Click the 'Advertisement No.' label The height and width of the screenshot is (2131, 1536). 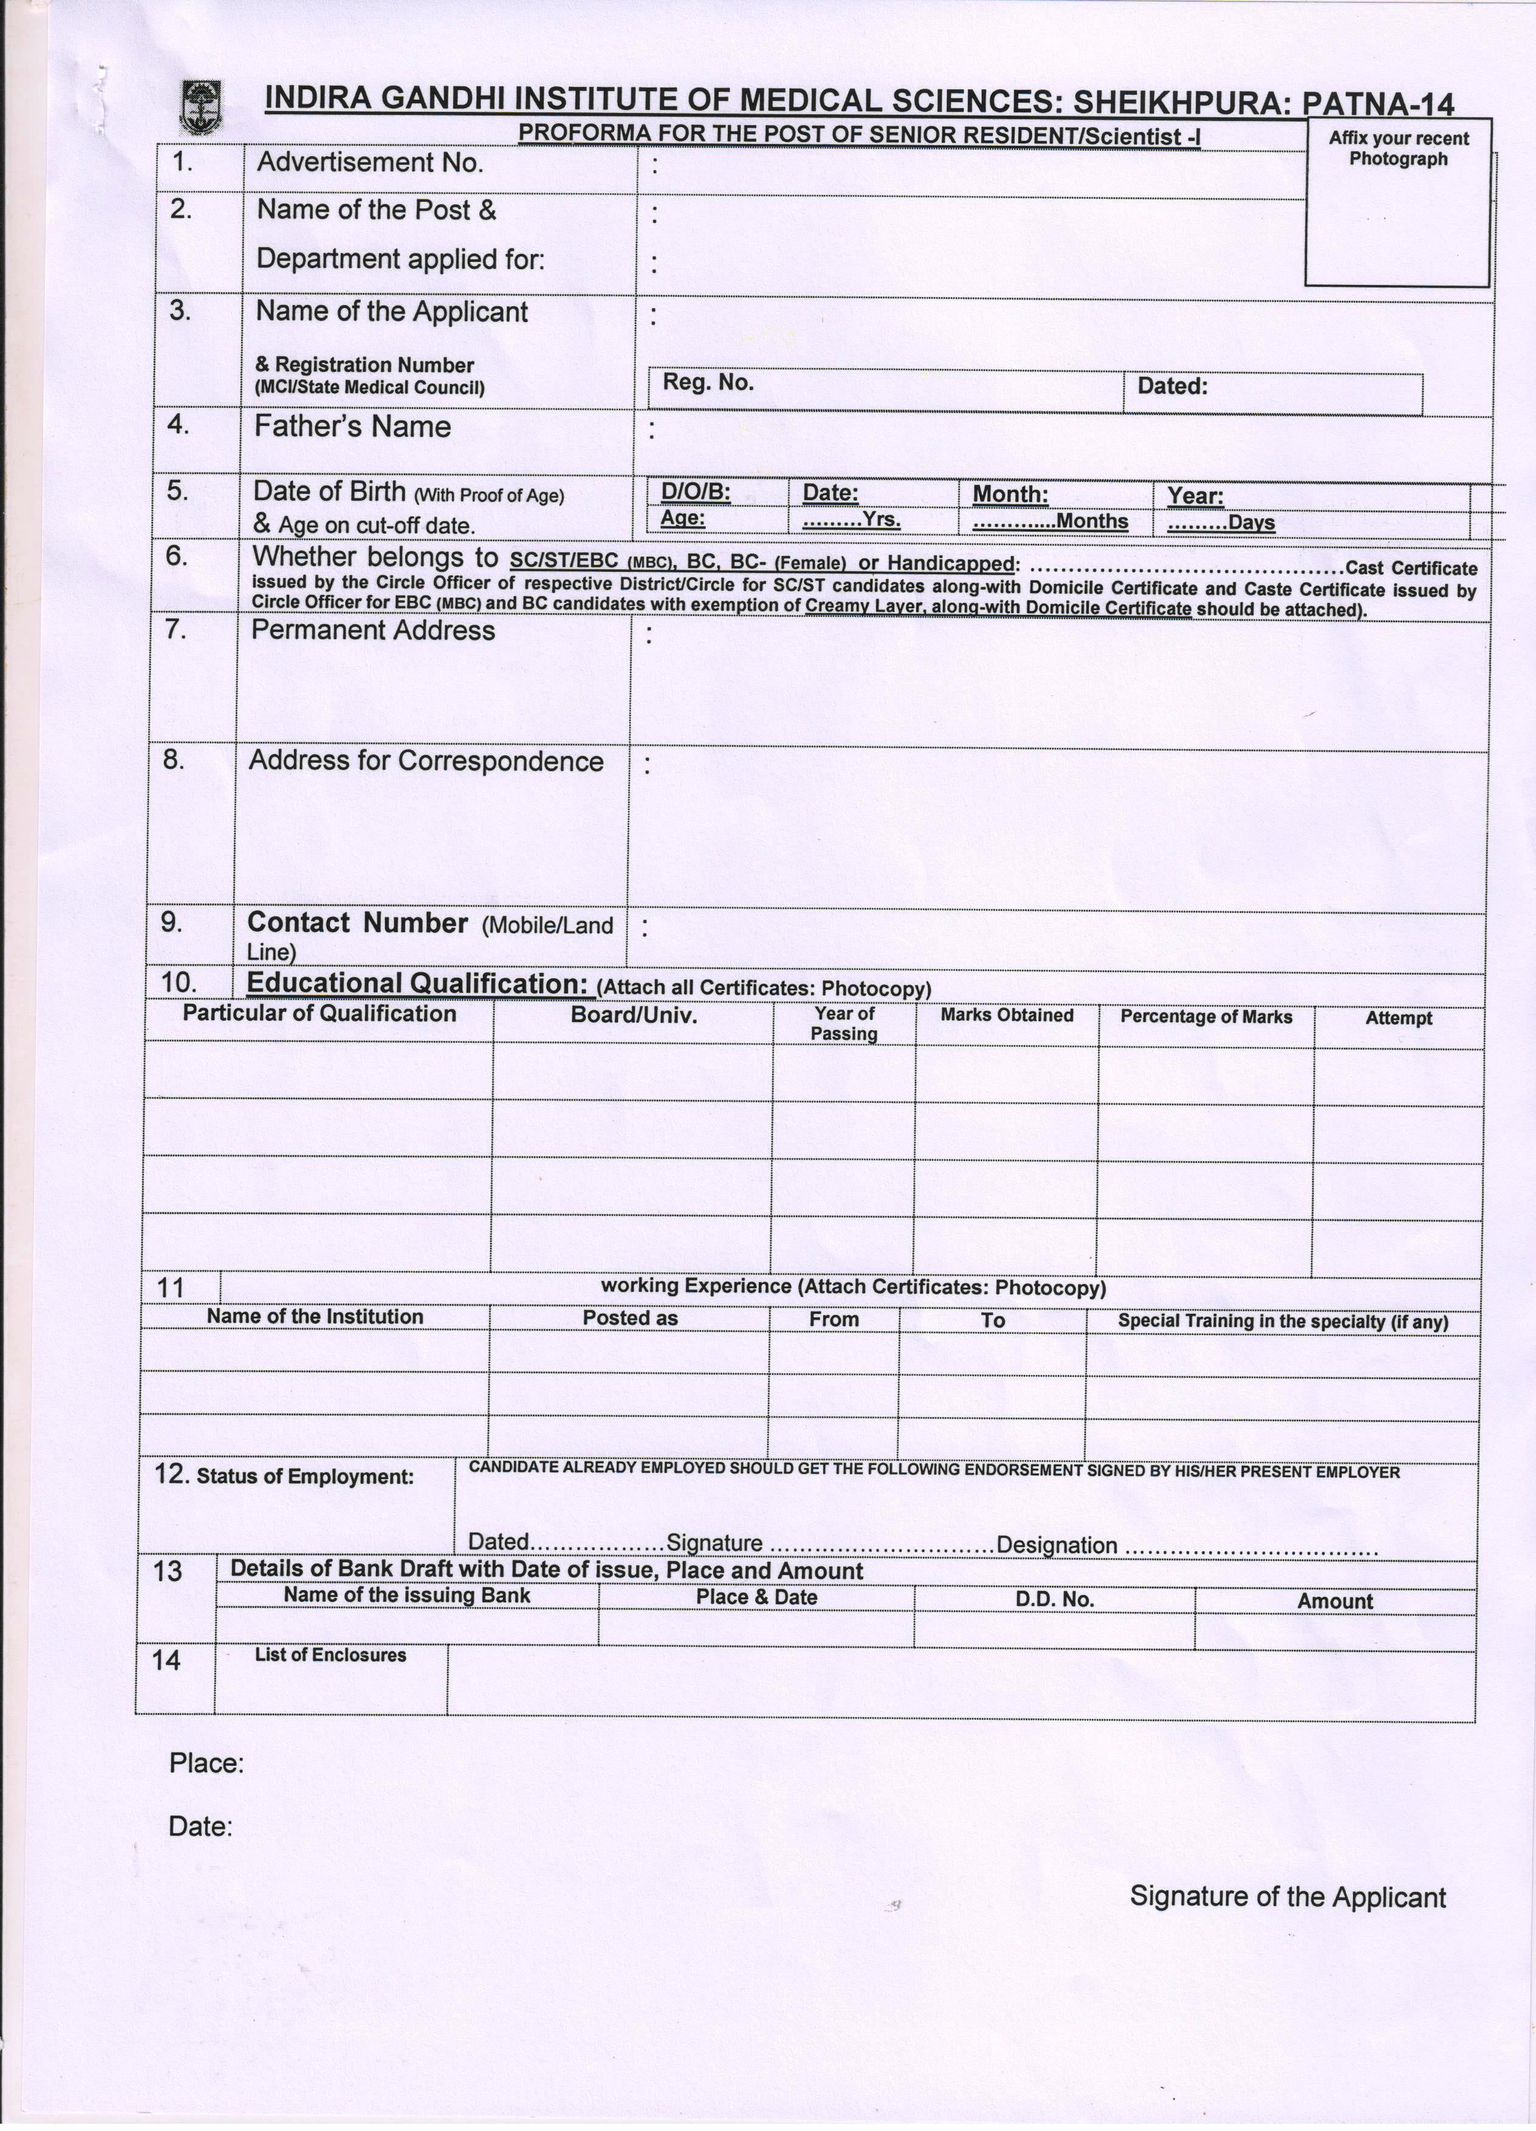(x=370, y=163)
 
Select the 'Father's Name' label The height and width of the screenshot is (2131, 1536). (x=352, y=428)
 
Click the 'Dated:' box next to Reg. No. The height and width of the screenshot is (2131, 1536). (x=1272, y=393)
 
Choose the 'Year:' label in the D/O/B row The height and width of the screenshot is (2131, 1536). (x=1195, y=496)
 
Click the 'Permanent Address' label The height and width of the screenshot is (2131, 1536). (x=373, y=631)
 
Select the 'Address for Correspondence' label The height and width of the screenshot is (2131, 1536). (x=425, y=761)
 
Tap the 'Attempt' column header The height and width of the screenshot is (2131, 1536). (x=1398, y=1018)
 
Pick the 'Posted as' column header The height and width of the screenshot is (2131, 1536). (x=629, y=1318)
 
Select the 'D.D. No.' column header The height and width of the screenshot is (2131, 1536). (x=1054, y=1600)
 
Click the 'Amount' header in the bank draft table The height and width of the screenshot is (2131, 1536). (x=1334, y=1602)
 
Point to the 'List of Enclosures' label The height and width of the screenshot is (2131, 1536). (x=331, y=1656)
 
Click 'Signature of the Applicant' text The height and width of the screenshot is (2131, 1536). (x=1287, y=1897)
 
